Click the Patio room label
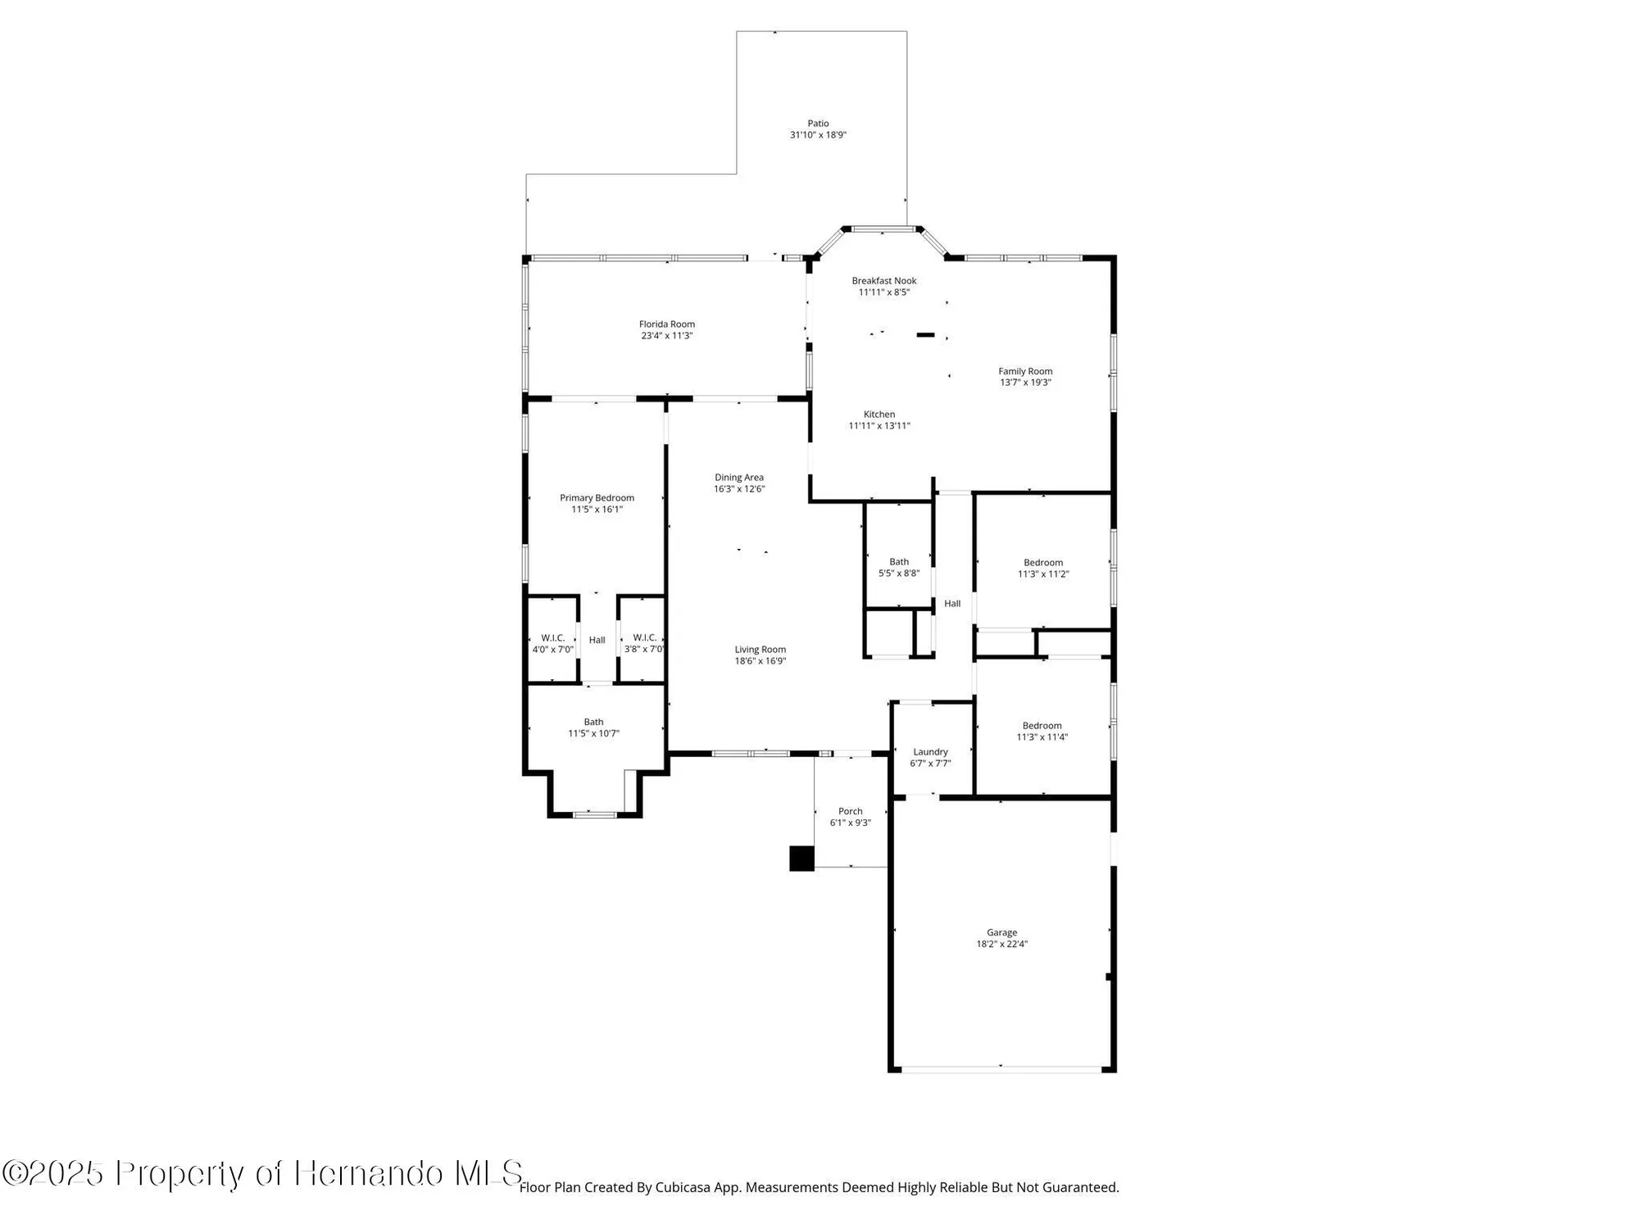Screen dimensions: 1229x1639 [818, 124]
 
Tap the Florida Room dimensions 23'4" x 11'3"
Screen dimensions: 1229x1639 [667, 336]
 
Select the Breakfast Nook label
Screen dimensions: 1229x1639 [883, 281]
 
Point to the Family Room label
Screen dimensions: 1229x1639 [1025, 371]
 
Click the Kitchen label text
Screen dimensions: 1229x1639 [879, 415]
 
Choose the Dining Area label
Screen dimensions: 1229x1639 [738, 478]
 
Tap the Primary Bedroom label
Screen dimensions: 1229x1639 [597, 498]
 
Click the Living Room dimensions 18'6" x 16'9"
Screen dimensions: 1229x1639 [760, 661]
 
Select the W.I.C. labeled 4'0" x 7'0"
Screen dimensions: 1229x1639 [552, 643]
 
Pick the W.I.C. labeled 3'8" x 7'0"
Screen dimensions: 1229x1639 [644, 643]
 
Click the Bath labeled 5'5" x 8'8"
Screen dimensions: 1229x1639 [899, 567]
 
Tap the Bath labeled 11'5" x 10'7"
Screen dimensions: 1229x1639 [593, 728]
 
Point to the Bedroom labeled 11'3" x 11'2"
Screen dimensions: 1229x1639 [1042, 568]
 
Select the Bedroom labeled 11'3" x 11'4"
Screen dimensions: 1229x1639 [1042, 731]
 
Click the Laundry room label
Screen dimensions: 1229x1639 [930, 752]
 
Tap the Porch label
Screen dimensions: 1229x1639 [850, 811]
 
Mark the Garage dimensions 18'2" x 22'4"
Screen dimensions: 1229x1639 [1001, 944]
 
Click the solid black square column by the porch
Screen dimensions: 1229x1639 [801, 859]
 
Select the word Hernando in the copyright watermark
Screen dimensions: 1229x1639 [370, 1172]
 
